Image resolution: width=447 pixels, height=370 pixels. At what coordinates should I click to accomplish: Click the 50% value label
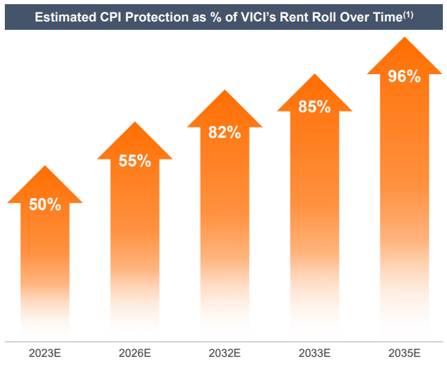(45, 205)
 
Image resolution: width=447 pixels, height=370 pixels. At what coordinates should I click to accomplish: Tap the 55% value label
(135, 161)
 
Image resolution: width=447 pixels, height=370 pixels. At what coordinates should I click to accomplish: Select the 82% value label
(224, 131)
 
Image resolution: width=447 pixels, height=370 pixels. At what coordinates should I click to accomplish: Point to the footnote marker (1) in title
(408, 12)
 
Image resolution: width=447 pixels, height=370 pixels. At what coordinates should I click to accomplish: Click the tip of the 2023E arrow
(45, 166)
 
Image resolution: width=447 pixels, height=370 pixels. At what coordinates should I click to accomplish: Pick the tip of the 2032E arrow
(224, 90)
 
